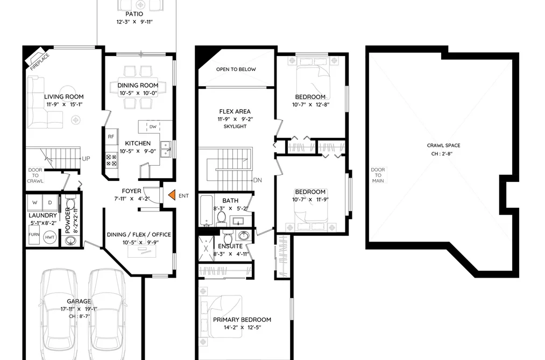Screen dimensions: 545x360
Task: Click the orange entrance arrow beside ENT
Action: tap(172, 195)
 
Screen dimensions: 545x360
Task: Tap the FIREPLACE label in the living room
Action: tap(40, 62)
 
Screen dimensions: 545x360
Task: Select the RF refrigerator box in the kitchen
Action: tap(111, 137)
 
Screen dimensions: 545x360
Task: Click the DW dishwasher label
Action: tap(153, 127)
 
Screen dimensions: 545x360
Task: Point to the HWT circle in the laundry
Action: tap(49, 237)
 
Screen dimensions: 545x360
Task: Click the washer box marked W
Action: tap(35, 202)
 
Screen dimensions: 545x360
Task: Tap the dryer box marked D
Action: tap(50, 202)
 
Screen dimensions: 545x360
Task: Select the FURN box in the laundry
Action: tap(34, 235)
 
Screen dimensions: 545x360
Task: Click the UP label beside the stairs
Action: tap(86, 159)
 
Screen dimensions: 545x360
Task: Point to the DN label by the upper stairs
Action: tap(258, 180)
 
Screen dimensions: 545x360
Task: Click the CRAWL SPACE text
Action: tap(443, 146)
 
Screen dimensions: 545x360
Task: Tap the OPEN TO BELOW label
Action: tap(236, 69)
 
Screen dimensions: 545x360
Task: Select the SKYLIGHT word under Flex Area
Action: tap(235, 126)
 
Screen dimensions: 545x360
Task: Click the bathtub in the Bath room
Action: tap(206, 210)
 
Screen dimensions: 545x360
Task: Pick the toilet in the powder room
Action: tap(70, 203)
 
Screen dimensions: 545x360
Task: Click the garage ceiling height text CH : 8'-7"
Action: tap(79, 316)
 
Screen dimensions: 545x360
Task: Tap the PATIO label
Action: tap(134, 14)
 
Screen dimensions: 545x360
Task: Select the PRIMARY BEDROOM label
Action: tap(242, 320)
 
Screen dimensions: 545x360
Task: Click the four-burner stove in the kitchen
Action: tap(111, 160)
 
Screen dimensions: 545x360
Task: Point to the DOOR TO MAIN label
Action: tap(378, 175)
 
